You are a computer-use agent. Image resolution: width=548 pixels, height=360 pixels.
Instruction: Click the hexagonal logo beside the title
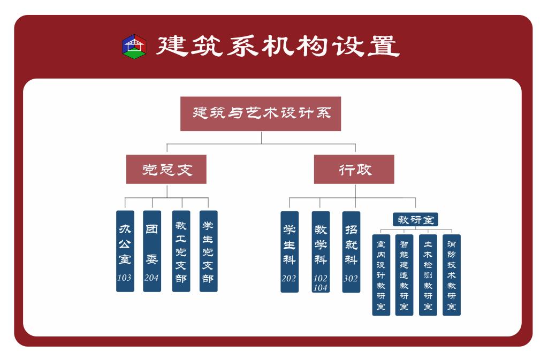[x=133, y=47]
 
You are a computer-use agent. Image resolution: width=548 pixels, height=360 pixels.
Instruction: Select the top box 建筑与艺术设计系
[x=261, y=113]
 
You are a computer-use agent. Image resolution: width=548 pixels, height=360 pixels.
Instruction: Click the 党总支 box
[x=166, y=170]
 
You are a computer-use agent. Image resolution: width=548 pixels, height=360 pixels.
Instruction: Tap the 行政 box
[x=354, y=170]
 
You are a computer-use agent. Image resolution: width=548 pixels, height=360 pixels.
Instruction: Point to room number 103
[x=125, y=278]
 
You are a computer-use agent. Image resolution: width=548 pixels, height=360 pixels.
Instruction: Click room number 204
[x=152, y=278]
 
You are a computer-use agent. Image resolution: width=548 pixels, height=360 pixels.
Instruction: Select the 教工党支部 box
[x=181, y=251]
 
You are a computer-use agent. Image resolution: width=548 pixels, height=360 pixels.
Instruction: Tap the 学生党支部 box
[x=208, y=251]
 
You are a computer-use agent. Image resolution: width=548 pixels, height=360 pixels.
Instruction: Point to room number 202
[x=290, y=279]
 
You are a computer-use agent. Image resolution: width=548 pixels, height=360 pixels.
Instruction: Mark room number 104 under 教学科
[x=321, y=287]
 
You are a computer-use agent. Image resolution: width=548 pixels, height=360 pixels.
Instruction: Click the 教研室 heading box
[x=416, y=219]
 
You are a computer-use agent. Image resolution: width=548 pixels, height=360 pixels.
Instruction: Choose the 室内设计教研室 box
[x=381, y=275]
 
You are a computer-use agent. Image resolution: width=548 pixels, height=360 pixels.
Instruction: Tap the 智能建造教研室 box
[x=405, y=275]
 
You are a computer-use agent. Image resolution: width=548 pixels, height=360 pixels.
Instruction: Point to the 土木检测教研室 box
[x=428, y=275]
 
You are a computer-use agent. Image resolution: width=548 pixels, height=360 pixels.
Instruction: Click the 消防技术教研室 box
[x=451, y=275]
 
